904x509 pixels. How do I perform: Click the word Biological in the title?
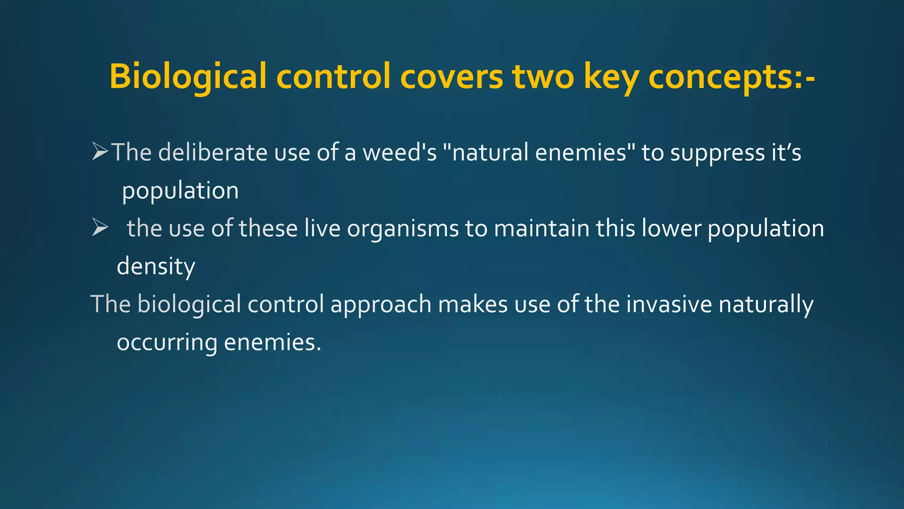[x=188, y=76]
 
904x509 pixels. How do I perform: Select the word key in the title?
[x=611, y=76]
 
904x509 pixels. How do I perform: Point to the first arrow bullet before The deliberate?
[x=100, y=152]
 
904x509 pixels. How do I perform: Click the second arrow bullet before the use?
[x=100, y=228]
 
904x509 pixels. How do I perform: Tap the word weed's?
[x=399, y=152]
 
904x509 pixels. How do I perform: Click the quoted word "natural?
[x=485, y=152]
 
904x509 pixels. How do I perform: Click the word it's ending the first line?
[x=786, y=152]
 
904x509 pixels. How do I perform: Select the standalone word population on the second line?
[x=180, y=191]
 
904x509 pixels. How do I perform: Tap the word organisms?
[x=403, y=229]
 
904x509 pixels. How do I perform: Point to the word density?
[x=156, y=267]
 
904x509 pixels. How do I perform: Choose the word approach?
[x=380, y=305]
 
